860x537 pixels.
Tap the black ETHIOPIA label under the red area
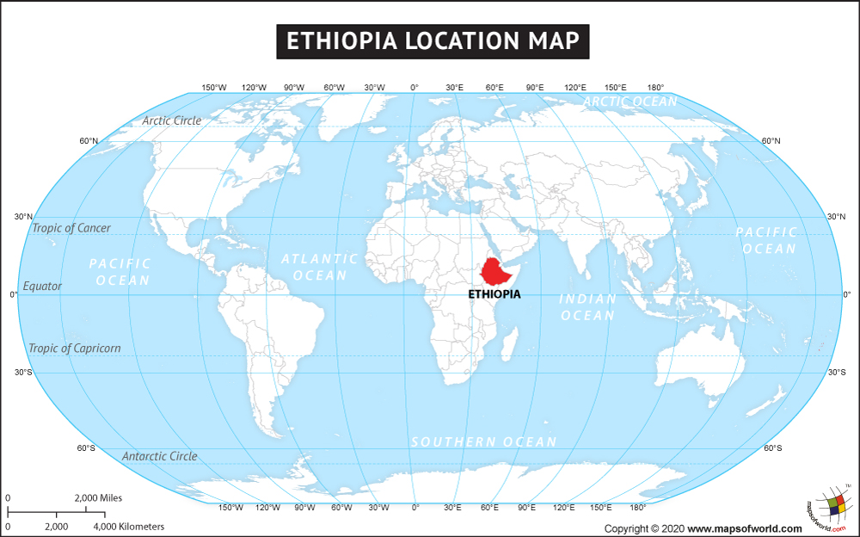click(494, 293)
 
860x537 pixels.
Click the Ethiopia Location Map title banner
click(433, 41)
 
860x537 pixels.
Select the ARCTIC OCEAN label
click(630, 102)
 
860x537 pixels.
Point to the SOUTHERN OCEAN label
click(483, 441)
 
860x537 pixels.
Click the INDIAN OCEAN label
click(588, 307)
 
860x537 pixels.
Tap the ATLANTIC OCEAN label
click(320, 267)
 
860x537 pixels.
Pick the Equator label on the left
click(42, 286)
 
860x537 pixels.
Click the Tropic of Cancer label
click(71, 228)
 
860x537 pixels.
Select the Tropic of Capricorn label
click(75, 349)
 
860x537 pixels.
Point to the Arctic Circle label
click(172, 120)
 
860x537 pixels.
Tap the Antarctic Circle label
click(159, 456)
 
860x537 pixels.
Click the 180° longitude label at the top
click(655, 87)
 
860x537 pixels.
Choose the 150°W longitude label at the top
click(214, 87)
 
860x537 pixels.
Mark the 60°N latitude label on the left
click(89, 141)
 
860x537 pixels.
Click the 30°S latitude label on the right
click(837, 372)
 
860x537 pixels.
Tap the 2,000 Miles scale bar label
click(98, 497)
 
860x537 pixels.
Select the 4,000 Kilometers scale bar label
click(128, 526)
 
